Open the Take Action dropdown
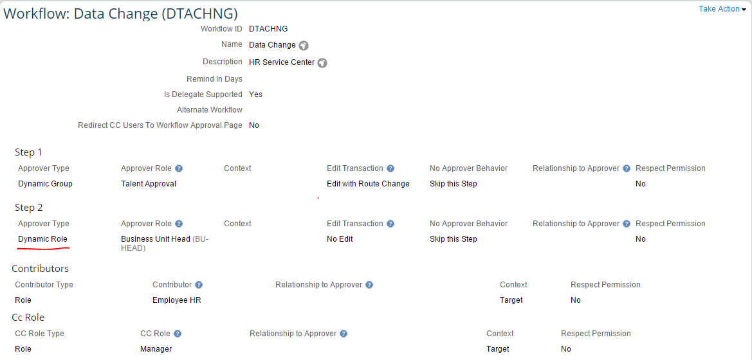click(x=722, y=9)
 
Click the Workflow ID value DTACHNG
click(x=268, y=29)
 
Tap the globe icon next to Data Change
click(x=304, y=46)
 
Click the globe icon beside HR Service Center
click(x=322, y=63)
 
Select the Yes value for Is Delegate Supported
click(x=255, y=94)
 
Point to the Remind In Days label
click(x=214, y=79)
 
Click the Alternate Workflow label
click(x=210, y=110)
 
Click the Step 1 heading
click(x=28, y=152)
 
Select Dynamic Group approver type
click(x=45, y=184)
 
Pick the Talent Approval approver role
click(x=148, y=184)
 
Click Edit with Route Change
click(x=368, y=184)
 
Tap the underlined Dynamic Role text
click(x=42, y=239)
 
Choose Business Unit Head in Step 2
click(x=156, y=239)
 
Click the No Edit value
click(x=340, y=239)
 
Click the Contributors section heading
click(x=41, y=269)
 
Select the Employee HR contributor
click(x=176, y=301)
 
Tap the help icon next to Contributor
click(x=199, y=285)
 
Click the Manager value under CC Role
click(x=156, y=350)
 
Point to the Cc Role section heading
click(x=28, y=318)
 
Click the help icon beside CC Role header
click(x=178, y=334)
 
